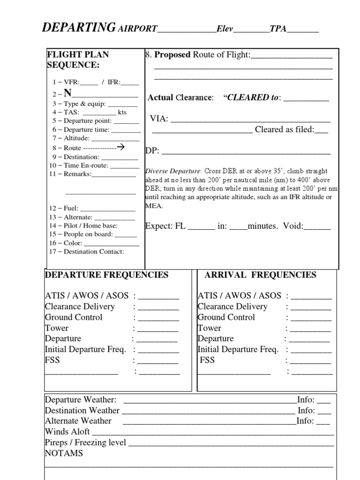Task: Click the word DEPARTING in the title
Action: click(x=79, y=28)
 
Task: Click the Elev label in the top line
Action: click(x=225, y=29)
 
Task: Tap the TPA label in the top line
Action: click(x=277, y=29)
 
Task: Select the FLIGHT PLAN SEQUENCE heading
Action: click(x=78, y=60)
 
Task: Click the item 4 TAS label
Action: click(x=69, y=112)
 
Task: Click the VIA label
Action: click(x=159, y=119)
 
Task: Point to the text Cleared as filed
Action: click(x=284, y=130)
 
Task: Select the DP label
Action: click(x=152, y=151)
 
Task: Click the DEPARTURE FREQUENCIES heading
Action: click(x=106, y=275)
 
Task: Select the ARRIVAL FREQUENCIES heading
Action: click(x=260, y=275)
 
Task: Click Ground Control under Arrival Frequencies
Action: click(x=226, y=317)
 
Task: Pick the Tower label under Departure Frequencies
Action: click(x=57, y=328)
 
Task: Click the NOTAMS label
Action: click(x=64, y=453)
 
